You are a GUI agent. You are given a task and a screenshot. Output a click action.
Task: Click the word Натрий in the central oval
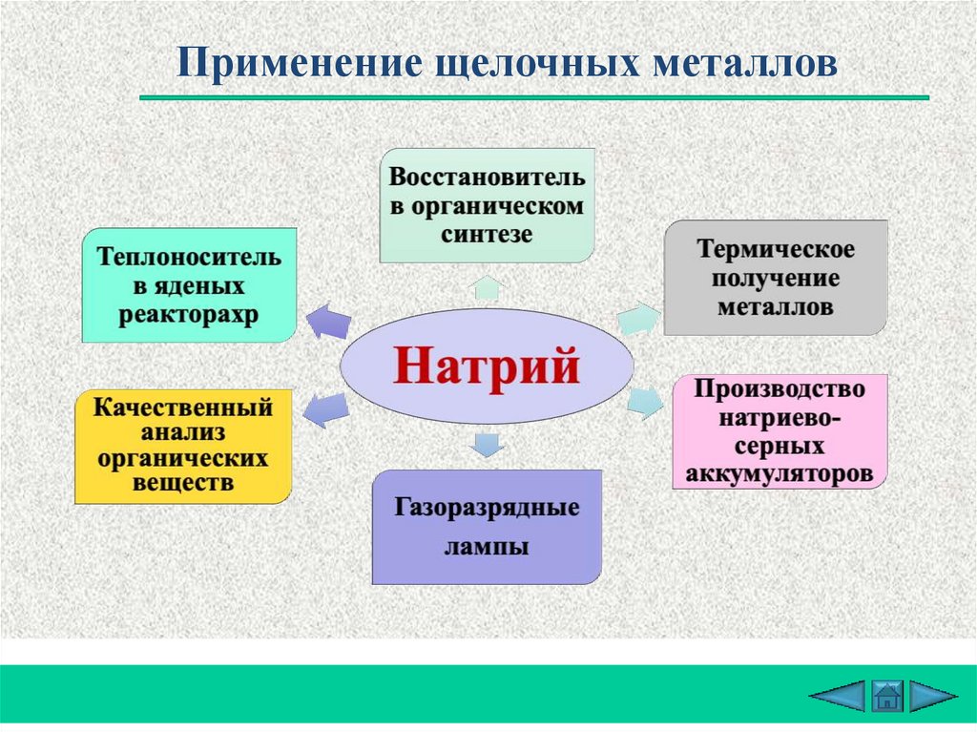click(x=487, y=366)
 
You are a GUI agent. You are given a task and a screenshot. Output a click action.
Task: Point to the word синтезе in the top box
click(x=487, y=234)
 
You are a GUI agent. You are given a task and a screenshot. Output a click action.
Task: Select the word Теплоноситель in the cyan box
click(x=188, y=258)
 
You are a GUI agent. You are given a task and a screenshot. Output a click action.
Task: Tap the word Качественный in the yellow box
click(x=183, y=408)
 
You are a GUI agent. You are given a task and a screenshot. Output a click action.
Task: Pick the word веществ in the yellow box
click(x=182, y=483)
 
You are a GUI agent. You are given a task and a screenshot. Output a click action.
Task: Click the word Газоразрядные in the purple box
click(x=487, y=507)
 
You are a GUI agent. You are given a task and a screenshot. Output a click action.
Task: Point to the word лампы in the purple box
click(x=487, y=548)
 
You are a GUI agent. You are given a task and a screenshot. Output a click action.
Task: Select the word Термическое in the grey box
click(x=776, y=251)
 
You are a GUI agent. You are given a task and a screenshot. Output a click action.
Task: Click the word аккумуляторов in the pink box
click(x=780, y=472)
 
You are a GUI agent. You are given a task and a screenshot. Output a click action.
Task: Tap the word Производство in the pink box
click(x=780, y=390)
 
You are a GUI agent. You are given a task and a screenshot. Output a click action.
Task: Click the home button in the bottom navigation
click(x=886, y=695)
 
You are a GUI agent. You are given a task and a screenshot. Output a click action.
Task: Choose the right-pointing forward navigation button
click(x=932, y=695)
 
